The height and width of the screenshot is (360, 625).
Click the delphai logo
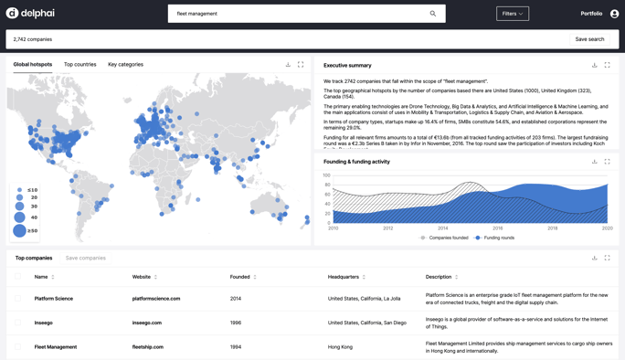[30, 14]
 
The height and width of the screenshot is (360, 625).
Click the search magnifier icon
[433, 14]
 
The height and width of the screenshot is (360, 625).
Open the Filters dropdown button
[512, 14]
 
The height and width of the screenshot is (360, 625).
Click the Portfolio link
[591, 14]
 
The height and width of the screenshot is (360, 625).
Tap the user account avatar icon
[614, 14]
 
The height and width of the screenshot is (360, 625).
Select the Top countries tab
[79, 65]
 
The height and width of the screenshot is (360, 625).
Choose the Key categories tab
[125, 65]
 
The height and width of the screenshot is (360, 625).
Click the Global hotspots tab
[33, 65]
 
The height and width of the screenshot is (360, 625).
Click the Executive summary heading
[347, 66]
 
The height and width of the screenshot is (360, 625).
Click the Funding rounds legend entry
[498, 238]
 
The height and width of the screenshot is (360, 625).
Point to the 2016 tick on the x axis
[498, 228]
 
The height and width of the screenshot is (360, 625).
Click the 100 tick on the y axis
[326, 175]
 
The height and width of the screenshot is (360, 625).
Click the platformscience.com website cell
[156, 299]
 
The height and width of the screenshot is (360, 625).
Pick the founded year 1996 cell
[236, 323]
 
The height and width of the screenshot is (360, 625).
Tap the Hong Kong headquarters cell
[340, 347]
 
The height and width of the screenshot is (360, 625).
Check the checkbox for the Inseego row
[18, 323]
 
